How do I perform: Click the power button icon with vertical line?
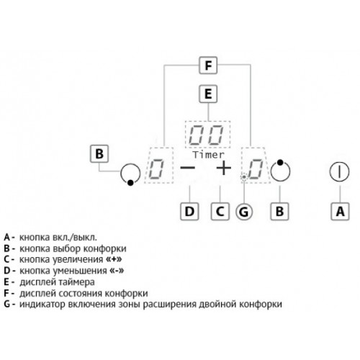point(340,171)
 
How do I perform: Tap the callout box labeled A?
point(340,212)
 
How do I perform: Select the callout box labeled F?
point(208,66)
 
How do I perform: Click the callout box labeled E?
point(208,94)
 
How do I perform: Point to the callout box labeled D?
point(189,212)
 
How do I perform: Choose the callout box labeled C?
point(220,212)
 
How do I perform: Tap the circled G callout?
point(244,212)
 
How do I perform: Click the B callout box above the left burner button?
point(99,153)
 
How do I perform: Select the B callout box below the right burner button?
point(279,212)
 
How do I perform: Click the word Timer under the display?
point(209,155)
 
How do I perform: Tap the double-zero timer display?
point(207,135)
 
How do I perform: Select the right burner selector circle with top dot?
point(280,170)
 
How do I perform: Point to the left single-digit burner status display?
point(158,166)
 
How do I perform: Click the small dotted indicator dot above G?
point(244,177)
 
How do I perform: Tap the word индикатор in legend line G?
point(42,305)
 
